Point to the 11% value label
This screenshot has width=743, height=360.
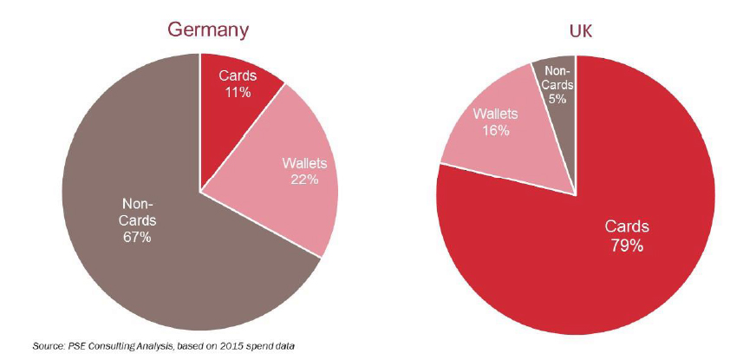[235, 92]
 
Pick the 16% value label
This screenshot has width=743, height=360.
[496, 131]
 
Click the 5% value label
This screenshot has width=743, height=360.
[557, 99]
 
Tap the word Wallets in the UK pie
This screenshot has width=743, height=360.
[496, 115]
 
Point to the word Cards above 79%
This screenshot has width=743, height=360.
[626, 227]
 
